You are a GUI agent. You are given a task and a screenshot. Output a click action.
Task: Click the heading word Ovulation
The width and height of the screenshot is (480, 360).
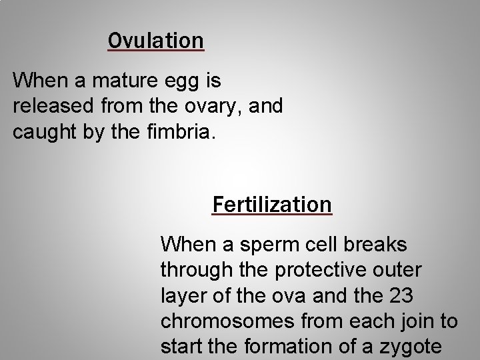coord(156,40)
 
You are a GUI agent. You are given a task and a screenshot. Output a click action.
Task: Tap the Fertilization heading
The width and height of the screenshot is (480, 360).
coord(271,203)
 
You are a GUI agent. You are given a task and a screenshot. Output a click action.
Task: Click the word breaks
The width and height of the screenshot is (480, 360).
coord(378,245)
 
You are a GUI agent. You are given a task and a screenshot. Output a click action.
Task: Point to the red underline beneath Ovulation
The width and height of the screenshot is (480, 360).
coord(156,50)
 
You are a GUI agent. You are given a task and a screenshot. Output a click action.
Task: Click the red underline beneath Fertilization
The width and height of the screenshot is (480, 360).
coord(271,215)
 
